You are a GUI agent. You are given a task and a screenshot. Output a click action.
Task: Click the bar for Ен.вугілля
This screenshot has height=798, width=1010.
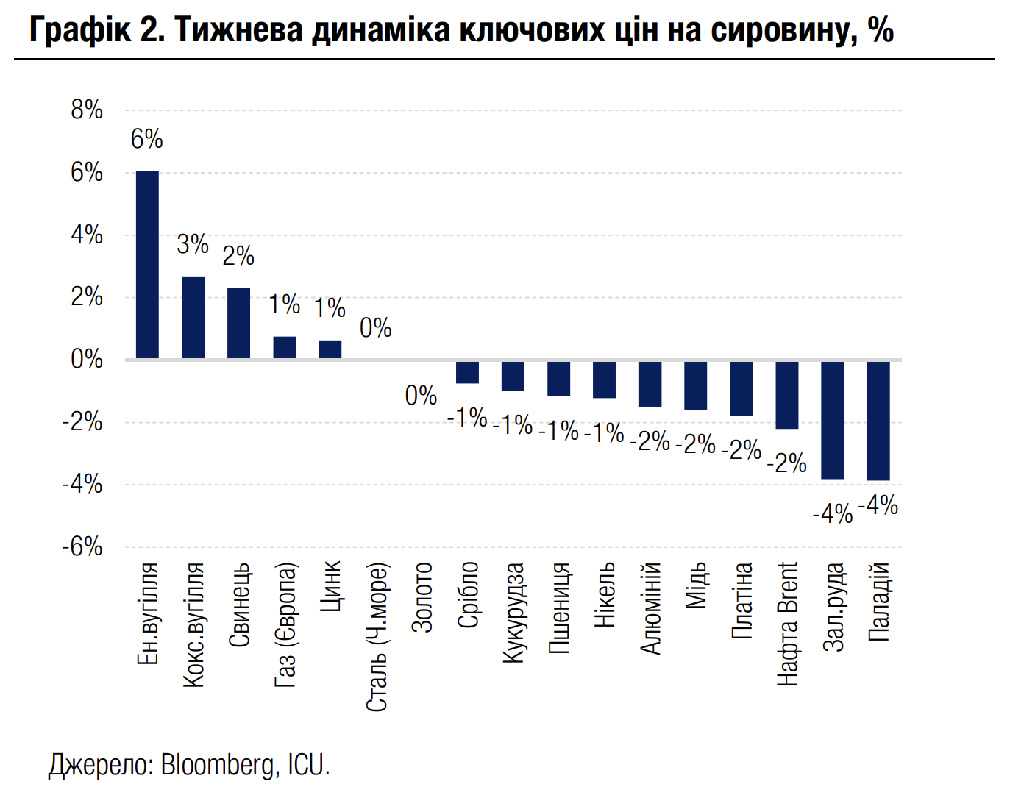[147, 265]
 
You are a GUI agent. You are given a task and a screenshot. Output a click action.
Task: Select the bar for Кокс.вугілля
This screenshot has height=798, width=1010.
[193, 318]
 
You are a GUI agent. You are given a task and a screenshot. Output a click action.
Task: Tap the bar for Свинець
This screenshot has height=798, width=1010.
[238, 324]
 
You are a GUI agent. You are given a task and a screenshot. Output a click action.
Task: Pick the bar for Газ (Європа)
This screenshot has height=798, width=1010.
[284, 348]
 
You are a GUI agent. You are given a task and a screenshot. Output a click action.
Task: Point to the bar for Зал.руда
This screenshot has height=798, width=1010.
[832, 419]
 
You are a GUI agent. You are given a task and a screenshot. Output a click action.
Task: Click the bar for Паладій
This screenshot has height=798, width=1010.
[878, 420]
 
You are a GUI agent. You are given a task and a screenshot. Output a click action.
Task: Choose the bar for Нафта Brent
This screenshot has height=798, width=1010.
[786, 394]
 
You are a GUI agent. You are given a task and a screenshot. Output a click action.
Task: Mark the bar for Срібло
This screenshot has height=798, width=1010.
[467, 372]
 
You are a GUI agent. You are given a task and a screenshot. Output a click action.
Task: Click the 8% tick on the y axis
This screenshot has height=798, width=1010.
[87, 110]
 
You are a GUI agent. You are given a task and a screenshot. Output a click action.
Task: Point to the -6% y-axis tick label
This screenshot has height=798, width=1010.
[82, 547]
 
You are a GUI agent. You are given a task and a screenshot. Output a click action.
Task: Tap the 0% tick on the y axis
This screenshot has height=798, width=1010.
[87, 360]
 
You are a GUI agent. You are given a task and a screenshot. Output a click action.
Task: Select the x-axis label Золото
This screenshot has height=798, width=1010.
[422, 596]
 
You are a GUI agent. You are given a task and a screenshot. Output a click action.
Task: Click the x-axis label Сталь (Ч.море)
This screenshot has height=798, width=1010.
[376, 637]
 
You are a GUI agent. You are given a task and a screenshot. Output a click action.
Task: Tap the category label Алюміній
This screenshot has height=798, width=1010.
[650, 608]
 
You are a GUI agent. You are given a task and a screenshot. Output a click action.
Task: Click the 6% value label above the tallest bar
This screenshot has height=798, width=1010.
[146, 139]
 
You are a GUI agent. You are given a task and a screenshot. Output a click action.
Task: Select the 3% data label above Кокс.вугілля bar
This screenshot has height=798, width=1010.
[193, 244]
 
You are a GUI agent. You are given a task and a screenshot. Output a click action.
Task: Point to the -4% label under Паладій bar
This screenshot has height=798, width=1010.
[878, 506]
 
